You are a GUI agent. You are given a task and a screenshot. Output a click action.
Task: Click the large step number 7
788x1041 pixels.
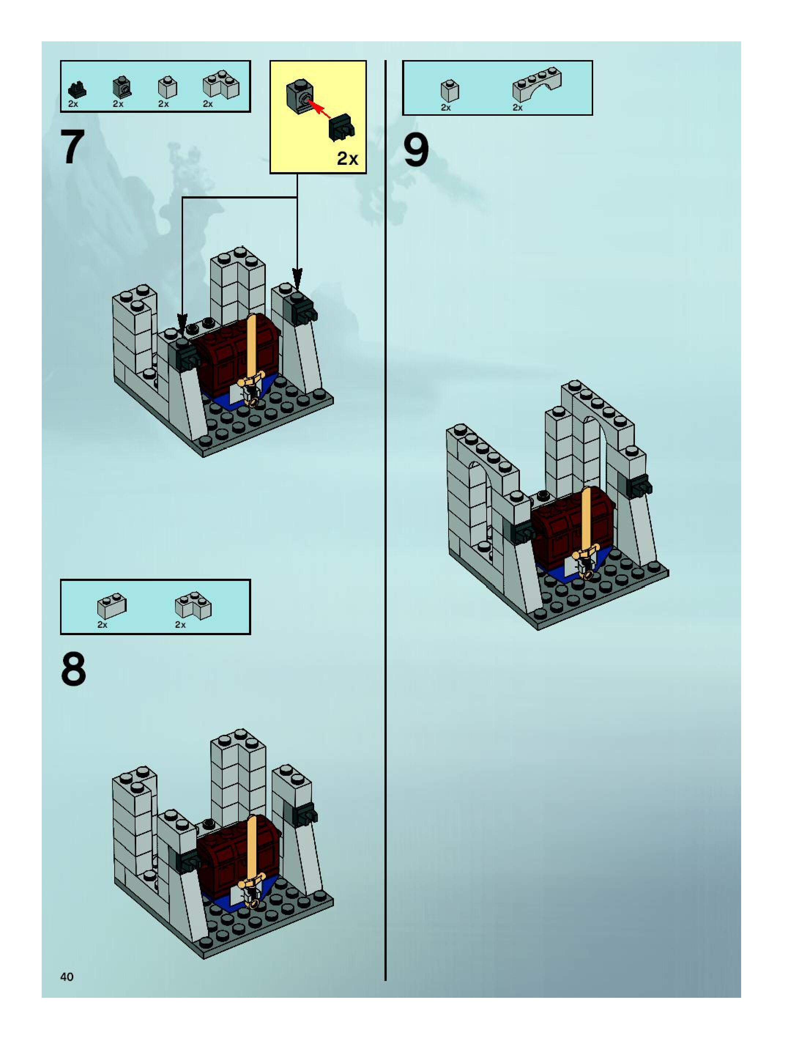click(73, 147)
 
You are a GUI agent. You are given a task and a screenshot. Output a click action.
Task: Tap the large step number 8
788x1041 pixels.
click(73, 670)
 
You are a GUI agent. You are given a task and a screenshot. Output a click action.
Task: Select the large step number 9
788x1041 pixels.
click(416, 150)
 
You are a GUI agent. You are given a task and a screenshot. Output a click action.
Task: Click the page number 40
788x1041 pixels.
click(67, 977)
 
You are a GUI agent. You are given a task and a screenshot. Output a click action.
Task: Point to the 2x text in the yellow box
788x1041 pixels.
click(347, 159)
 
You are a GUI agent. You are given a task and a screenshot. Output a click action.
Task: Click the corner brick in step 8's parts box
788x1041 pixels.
click(193, 605)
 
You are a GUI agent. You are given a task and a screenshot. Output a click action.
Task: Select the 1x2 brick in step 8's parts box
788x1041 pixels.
click(111, 606)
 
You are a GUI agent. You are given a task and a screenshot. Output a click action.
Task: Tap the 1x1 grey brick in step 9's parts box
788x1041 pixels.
click(449, 90)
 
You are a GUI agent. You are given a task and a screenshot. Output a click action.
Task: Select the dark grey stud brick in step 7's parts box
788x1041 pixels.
click(122, 87)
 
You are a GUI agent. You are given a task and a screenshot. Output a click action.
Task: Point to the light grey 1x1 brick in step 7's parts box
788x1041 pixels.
click(167, 88)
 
